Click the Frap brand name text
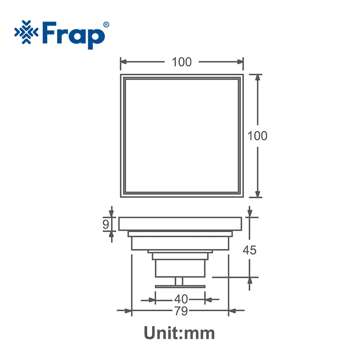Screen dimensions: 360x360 tap(74, 36)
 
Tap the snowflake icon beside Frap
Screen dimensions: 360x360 tap(27, 32)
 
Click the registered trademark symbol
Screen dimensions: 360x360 tap(106, 25)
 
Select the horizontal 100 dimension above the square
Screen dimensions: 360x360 tap(182, 62)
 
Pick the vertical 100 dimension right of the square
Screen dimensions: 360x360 tap(257, 136)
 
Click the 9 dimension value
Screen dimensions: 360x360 tap(106, 224)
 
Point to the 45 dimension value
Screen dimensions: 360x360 tap(250, 250)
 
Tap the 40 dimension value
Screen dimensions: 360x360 tap(181, 299)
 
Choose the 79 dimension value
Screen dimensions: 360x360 tap(181, 311)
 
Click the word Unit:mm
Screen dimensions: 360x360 tap(179, 333)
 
